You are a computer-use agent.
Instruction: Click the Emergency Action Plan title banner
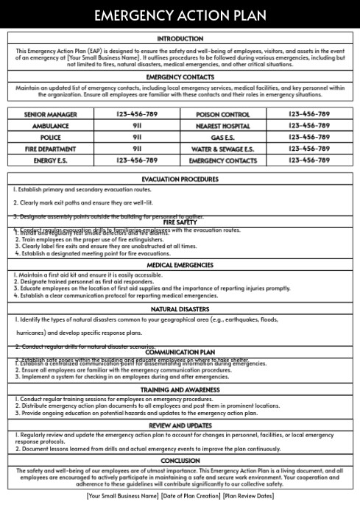pos(180,13)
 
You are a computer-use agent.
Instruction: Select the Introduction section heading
pos(180,38)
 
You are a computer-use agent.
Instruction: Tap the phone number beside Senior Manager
pos(137,114)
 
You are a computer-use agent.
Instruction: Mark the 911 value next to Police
pos(137,137)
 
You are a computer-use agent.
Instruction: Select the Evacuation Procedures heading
pos(180,179)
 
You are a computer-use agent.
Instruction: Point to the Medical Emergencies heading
pos(180,265)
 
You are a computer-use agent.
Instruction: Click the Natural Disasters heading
pos(180,310)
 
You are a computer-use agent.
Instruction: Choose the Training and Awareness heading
pos(180,389)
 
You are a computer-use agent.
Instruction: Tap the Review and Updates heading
pos(180,425)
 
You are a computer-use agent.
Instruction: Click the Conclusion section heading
pos(180,461)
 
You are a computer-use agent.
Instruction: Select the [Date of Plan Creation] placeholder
pos(191,496)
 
